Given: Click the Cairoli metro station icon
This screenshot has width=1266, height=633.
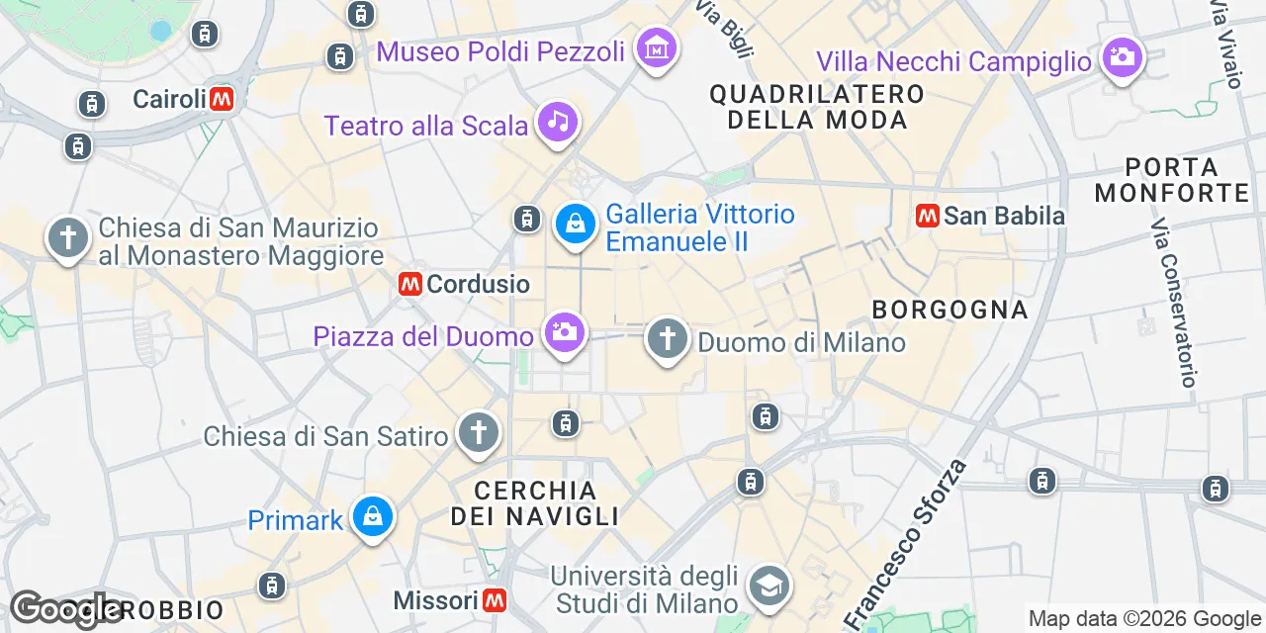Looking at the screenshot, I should click(x=222, y=99).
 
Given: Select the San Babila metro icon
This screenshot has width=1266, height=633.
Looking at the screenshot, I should click(x=928, y=216).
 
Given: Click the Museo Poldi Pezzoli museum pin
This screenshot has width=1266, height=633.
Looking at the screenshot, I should click(x=657, y=47).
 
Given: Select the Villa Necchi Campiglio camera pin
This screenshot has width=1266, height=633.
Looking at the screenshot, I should click(x=1122, y=57).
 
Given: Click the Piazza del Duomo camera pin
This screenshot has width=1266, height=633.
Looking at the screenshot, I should click(x=564, y=331).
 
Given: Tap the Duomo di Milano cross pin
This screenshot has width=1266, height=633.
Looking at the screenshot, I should click(x=668, y=339).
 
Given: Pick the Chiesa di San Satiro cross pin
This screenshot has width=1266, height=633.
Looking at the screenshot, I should click(x=479, y=433).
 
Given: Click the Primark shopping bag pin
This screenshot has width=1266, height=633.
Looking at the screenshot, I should click(x=373, y=517).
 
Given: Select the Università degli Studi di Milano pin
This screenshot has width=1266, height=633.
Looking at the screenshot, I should click(x=769, y=585).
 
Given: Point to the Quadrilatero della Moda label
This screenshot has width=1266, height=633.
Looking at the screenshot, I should click(x=817, y=107).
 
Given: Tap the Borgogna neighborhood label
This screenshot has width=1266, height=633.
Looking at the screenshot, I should click(x=949, y=310).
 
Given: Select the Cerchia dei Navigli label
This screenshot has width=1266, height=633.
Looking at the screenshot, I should click(x=535, y=503).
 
